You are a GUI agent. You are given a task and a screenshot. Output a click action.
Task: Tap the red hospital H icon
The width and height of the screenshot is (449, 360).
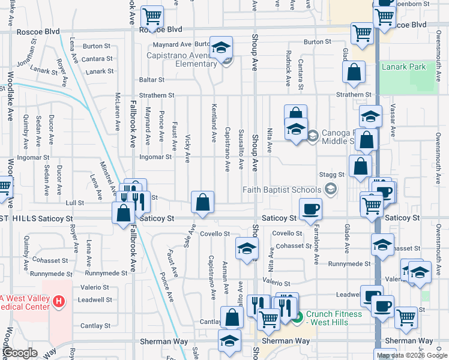[59, 301]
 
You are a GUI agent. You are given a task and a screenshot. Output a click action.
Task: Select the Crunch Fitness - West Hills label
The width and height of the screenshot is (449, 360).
[334, 318]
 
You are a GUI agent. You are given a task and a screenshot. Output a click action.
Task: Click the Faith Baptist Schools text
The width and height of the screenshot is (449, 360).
[282, 190]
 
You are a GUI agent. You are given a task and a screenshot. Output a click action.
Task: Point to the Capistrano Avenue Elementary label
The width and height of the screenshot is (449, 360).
[179, 59]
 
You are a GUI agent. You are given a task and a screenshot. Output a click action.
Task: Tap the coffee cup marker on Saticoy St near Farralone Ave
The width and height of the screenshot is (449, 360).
[310, 210]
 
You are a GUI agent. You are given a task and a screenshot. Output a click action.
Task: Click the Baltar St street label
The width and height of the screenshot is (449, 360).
[152, 80]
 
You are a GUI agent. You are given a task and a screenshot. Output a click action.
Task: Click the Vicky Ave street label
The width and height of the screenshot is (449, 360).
[188, 149]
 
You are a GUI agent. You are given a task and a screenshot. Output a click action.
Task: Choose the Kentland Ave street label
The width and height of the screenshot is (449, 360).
[214, 123]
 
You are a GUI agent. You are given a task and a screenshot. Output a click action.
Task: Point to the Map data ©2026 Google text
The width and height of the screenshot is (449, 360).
[411, 355]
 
